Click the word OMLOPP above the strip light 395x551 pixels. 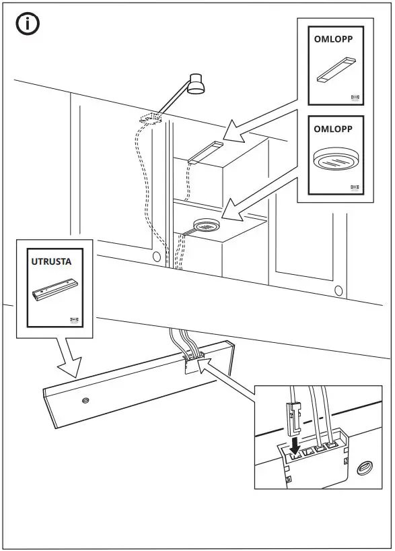pos(333,39)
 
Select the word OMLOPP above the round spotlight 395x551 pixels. pos(333,128)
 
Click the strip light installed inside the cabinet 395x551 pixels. pos(205,152)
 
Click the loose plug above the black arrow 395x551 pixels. pos(293,415)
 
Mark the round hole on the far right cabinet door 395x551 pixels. pos(337,290)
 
